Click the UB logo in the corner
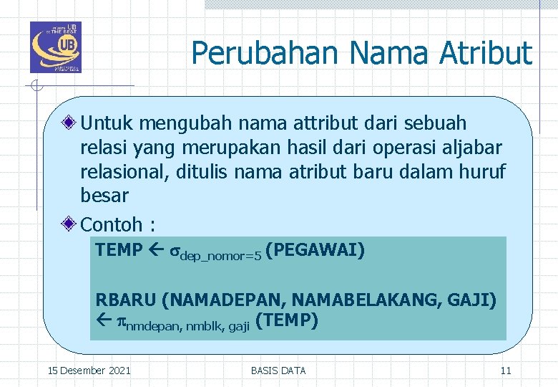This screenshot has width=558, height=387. point(56,47)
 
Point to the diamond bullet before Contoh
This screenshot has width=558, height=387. point(70,224)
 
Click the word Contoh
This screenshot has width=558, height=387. point(112,224)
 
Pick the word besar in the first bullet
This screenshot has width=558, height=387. point(104,196)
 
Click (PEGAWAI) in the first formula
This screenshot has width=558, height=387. point(315,250)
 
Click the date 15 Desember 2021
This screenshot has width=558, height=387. point(89,371)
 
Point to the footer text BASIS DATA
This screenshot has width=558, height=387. point(278,371)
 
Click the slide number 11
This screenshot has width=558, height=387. point(505,371)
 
